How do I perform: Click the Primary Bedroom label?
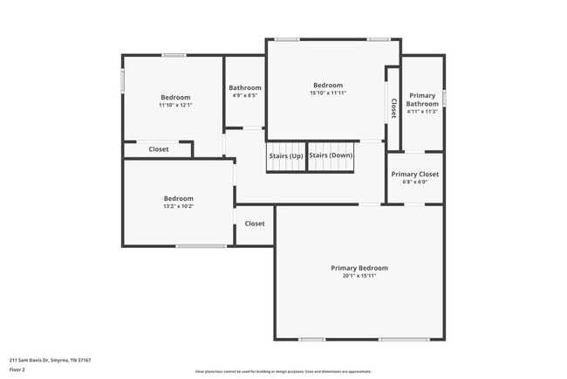click(x=359, y=268)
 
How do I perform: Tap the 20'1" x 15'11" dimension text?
click(x=359, y=277)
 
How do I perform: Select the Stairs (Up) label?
click(x=285, y=155)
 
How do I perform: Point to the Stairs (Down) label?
click(x=331, y=155)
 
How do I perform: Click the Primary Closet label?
click(x=414, y=174)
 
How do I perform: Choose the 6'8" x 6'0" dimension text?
click(x=414, y=183)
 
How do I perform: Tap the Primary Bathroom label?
click(x=422, y=100)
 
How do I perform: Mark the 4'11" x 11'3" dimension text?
click(x=422, y=112)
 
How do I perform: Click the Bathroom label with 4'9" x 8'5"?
click(x=245, y=87)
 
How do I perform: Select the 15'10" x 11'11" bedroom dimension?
click(x=329, y=93)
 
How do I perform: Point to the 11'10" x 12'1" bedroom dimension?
click(x=174, y=105)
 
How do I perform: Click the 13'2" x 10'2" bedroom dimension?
click(x=178, y=206)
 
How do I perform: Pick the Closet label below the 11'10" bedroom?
click(x=158, y=149)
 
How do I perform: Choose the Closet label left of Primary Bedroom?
click(x=254, y=224)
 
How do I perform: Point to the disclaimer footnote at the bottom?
click(x=283, y=371)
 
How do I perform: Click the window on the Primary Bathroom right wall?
click(x=444, y=98)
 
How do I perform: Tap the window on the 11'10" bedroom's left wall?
click(x=122, y=79)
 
